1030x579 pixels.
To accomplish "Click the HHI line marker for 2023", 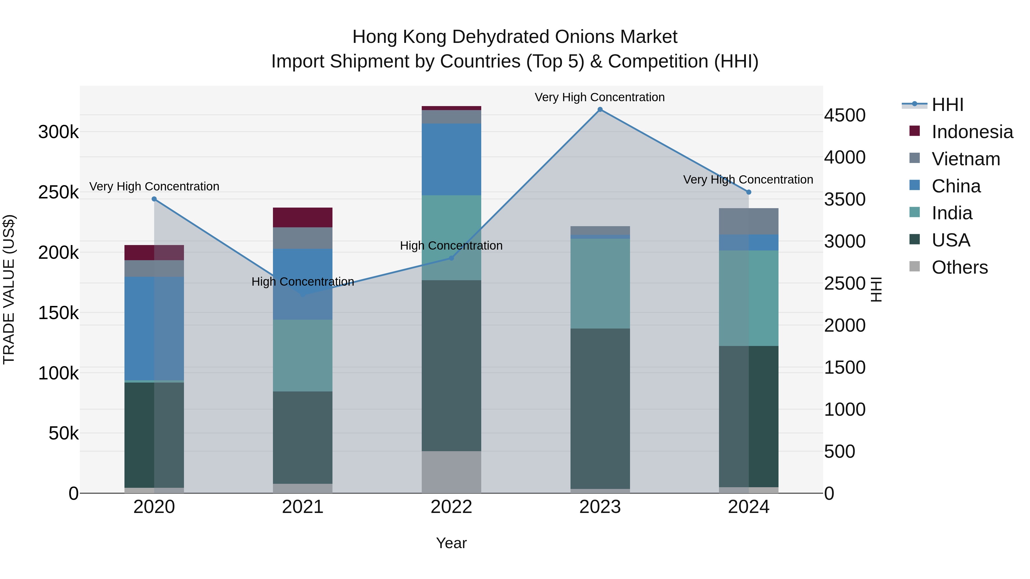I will pos(600,110).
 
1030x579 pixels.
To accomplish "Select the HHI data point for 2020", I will pos(154,199).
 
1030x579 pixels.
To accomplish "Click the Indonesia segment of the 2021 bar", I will pos(303,217).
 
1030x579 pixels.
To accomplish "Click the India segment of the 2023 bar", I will pos(600,284).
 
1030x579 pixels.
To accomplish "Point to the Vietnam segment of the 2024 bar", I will pos(748,221).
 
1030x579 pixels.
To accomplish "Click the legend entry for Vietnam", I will pos(965,159).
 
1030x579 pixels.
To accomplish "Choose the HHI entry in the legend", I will pos(947,105).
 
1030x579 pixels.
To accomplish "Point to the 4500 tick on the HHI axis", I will pos(845,116).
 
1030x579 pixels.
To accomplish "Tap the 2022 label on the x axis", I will pos(451,507).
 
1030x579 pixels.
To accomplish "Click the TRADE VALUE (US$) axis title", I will pos(9,289).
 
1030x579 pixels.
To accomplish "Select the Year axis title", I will pos(451,543).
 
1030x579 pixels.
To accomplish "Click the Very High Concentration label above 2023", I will pos(599,97).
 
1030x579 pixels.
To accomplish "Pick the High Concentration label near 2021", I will pos(303,282).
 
